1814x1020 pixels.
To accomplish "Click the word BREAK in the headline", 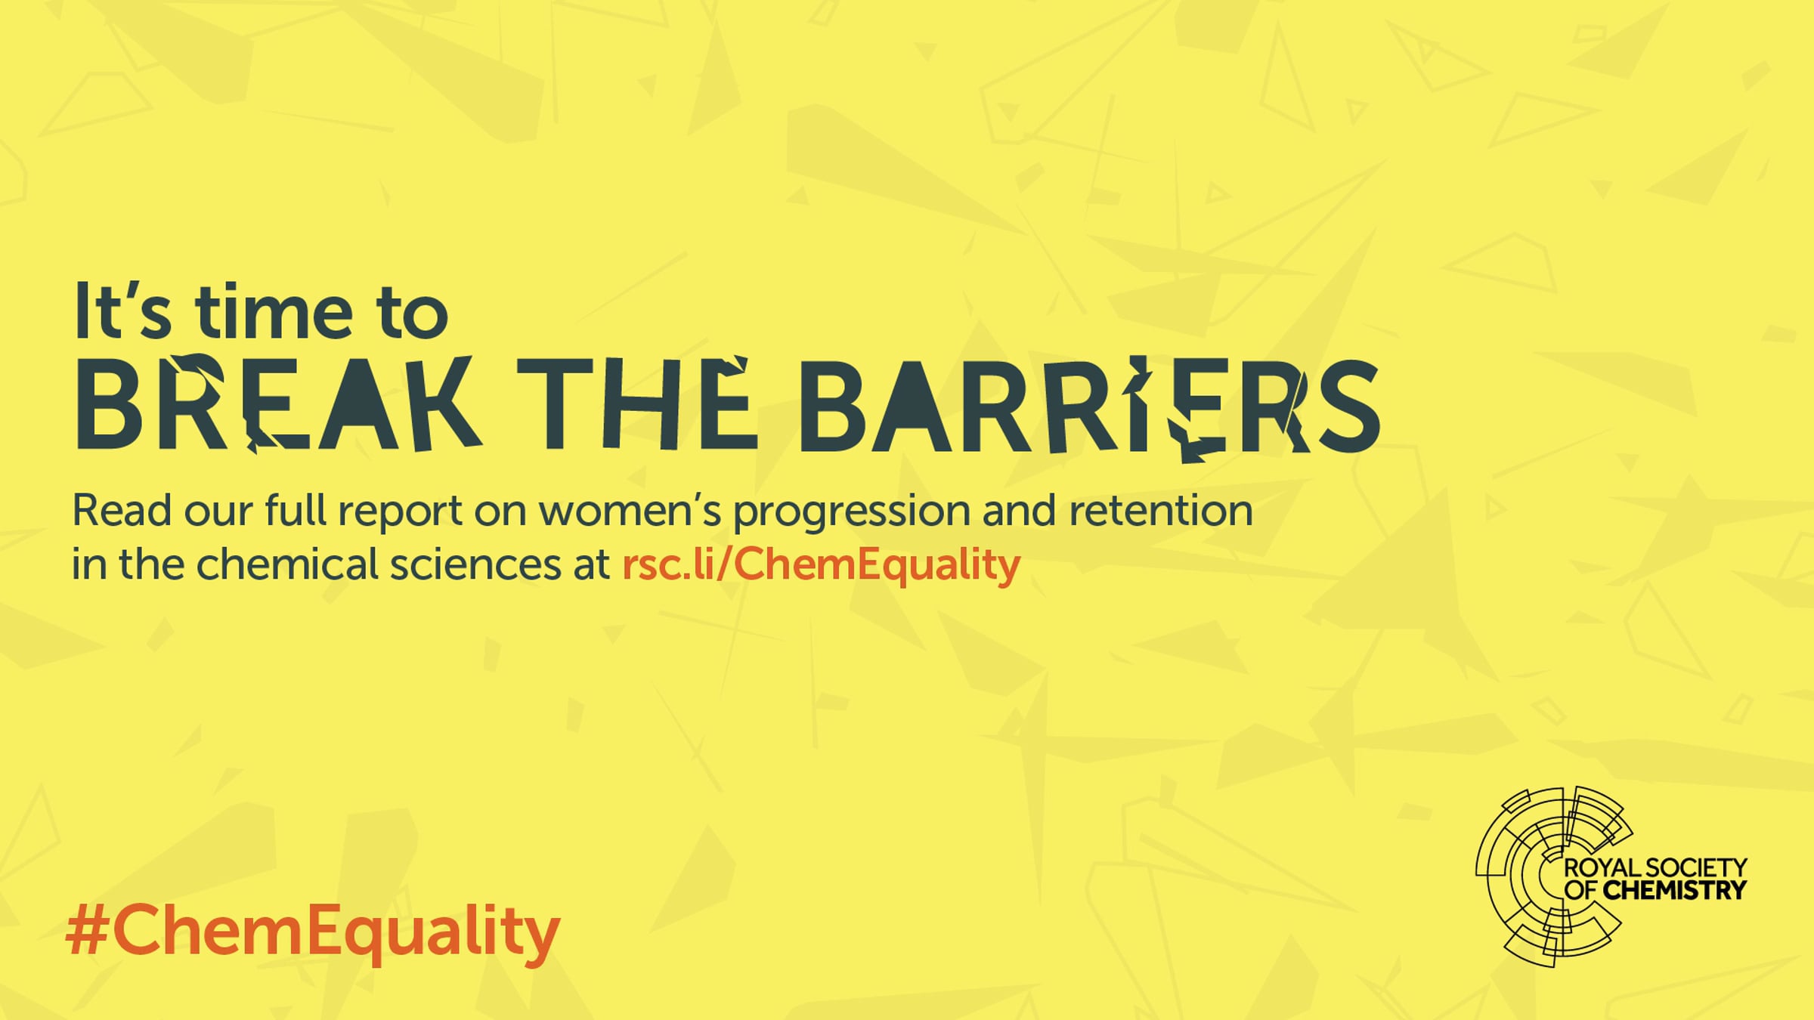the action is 278,404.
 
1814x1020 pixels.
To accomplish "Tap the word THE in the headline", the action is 636,403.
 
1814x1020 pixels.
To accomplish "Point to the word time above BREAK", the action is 274,311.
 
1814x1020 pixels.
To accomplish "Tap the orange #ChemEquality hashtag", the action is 313,932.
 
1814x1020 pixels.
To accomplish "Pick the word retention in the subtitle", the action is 1161,511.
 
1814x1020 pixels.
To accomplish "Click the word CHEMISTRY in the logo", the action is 1675,891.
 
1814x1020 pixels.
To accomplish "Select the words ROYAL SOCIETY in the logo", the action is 1655,867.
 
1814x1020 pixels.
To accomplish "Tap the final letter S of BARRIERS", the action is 1350,406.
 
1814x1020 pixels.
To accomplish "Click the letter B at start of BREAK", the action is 110,404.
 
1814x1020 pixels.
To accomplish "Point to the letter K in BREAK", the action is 444,404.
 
